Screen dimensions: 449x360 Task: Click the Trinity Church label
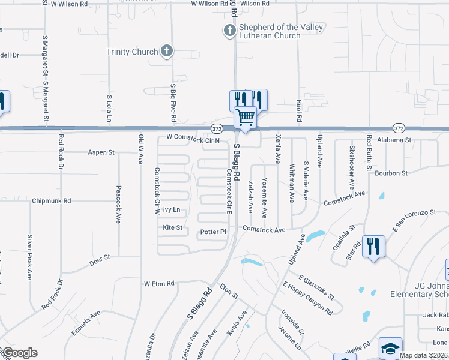coord(132,52)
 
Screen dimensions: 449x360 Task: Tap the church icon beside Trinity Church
coord(167,52)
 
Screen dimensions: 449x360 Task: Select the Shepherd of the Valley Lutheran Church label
coord(273,31)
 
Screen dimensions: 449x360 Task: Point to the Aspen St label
coord(101,152)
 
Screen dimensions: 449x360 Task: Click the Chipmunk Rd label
coord(52,200)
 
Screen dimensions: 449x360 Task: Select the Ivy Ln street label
coord(172,210)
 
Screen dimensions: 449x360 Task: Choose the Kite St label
coord(172,227)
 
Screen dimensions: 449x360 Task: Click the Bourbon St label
coord(391,173)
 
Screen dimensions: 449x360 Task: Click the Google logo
coord(19,353)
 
